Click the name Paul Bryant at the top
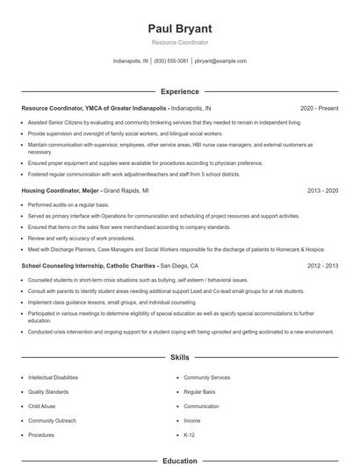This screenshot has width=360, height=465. click(x=179, y=29)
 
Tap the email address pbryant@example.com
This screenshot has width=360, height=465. click(x=220, y=61)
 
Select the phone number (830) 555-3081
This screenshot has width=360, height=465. click(x=171, y=61)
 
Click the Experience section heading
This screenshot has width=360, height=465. click(x=179, y=91)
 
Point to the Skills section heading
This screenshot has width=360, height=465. click(x=179, y=358)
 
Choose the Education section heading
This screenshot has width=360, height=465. click(x=179, y=460)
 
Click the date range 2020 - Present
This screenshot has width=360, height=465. click(x=319, y=107)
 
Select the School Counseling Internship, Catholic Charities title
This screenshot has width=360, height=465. click(x=89, y=265)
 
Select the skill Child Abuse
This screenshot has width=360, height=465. click(x=40, y=406)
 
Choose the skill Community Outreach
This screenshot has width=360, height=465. click(x=51, y=420)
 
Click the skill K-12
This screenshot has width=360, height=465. click(x=190, y=434)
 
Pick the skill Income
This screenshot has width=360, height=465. click(x=192, y=420)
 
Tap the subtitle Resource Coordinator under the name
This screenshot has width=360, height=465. click(x=179, y=43)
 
